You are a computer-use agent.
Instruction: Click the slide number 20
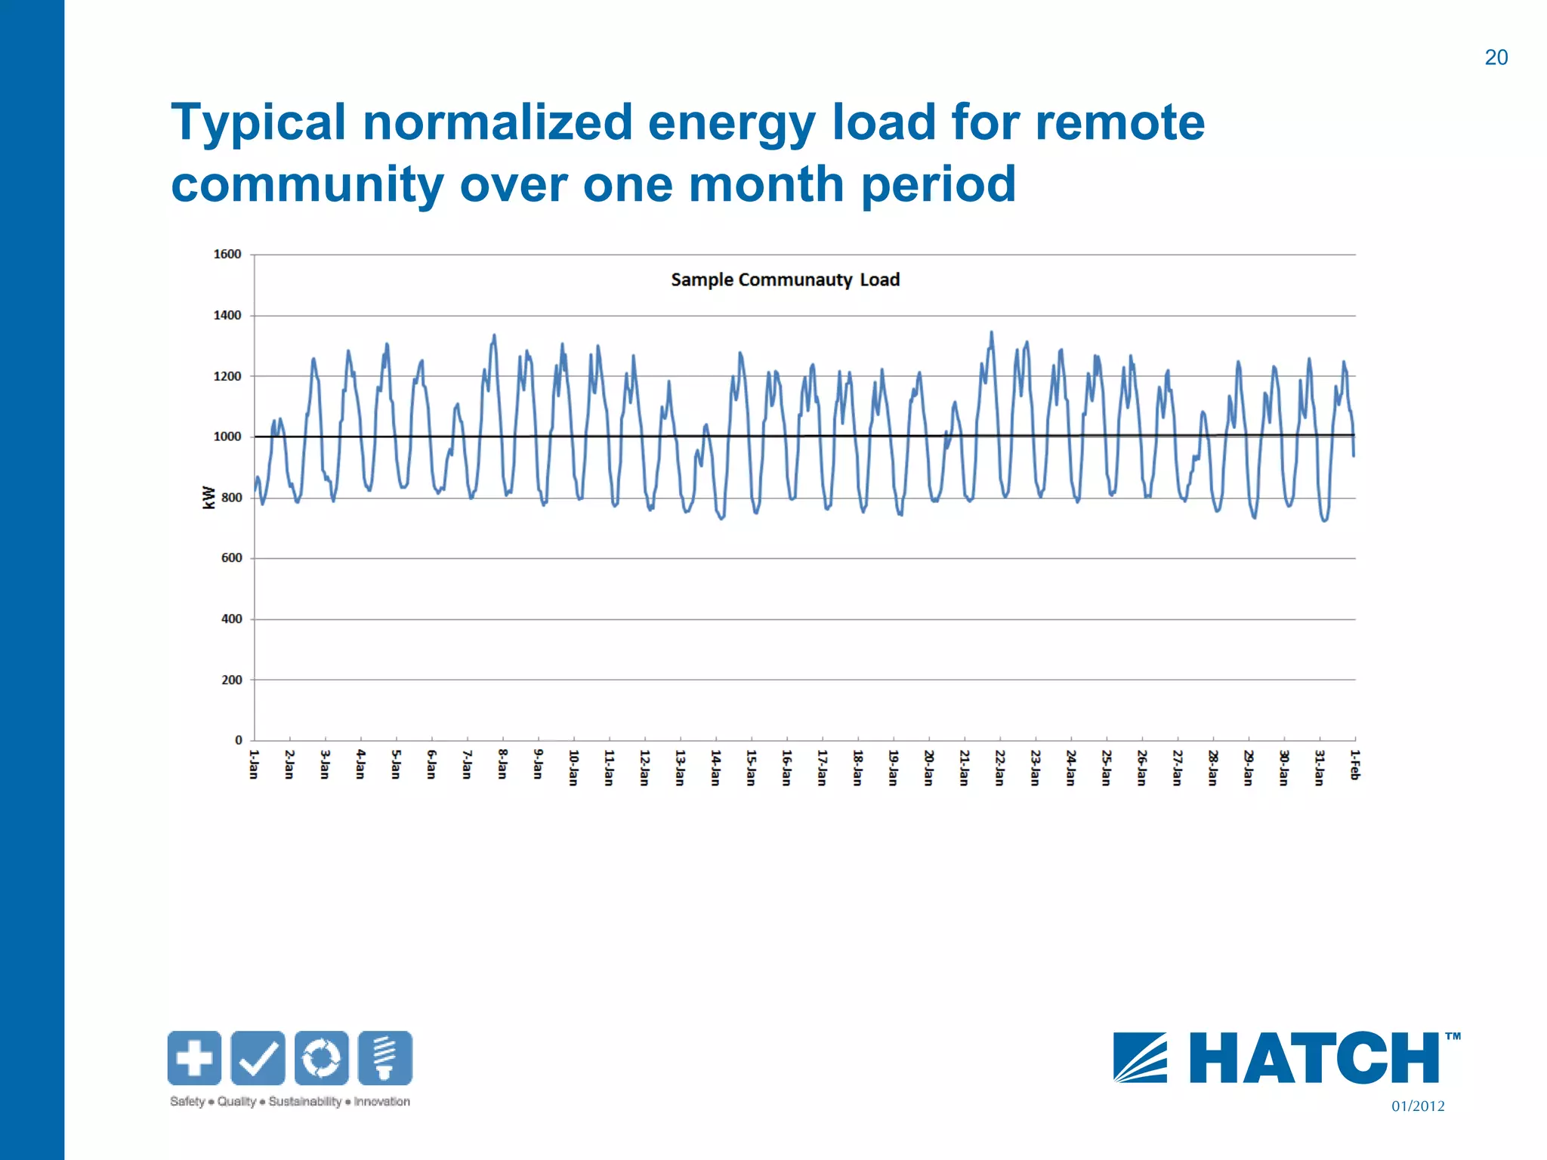[1496, 57]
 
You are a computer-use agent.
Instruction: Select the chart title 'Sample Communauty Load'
[785, 280]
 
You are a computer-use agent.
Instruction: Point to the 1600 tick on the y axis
[227, 255]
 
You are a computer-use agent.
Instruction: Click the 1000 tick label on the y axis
[227, 437]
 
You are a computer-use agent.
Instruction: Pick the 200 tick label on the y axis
[231, 680]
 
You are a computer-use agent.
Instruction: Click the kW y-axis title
[208, 497]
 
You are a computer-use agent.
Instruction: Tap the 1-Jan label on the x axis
[254, 764]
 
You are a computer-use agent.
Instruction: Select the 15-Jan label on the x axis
[751, 767]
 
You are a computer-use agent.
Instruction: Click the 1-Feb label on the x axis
[1354, 764]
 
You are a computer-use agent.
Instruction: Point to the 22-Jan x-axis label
[999, 767]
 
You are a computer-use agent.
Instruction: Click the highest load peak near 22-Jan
[991, 332]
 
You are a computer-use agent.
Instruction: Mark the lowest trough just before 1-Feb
[1324, 520]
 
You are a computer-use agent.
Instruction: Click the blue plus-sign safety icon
[194, 1057]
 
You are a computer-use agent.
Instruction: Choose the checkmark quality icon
[258, 1057]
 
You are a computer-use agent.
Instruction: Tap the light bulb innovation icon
[385, 1057]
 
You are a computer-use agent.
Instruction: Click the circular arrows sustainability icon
[322, 1057]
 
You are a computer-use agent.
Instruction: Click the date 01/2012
[1418, 1106]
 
